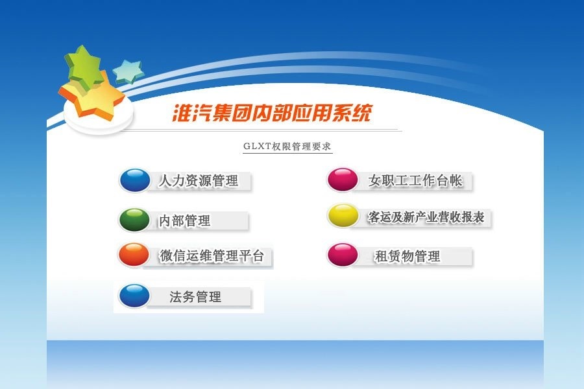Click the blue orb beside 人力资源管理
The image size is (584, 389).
tap(135, 180)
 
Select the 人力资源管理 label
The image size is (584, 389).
tap(199, 180)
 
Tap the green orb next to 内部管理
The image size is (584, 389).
tap(134, 220)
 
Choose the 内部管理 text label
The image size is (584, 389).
tap(185, 220)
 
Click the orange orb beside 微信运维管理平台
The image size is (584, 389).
tap(134, 255)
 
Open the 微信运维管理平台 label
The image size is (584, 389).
tap(212, 255)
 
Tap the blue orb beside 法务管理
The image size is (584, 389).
tap(134, 296)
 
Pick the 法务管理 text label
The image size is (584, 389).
tap(195, 297)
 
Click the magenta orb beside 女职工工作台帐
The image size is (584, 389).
tap(343, 180)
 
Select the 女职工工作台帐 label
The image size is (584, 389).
tap(416, 180)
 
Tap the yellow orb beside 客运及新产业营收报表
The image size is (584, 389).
tap(343, 215)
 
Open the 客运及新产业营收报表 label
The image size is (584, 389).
tap(426, 217)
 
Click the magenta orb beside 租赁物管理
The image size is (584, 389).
tap(343, 255)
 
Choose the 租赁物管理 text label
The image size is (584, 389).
tap(408, 257)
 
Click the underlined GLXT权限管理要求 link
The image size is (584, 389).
tap(287, 147)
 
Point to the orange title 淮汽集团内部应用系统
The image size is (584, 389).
tap(273, 113)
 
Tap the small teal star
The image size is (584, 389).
tap(128, 71)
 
